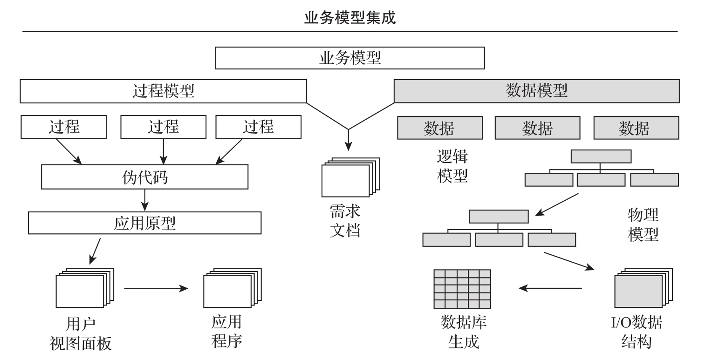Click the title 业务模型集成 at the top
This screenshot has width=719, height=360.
(350, 18)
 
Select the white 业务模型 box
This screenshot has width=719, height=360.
(350, 59)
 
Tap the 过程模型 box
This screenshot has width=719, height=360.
(163, 91)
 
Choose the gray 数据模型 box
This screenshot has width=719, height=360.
(536, 91)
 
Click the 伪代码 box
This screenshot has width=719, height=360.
(144, 177)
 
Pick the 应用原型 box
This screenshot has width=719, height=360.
(144, 224)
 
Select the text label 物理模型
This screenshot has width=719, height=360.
(643, 224)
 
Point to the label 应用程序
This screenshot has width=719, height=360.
(227, 332)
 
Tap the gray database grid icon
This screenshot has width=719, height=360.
(462, 289)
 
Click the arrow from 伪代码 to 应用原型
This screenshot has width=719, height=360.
(144, 200)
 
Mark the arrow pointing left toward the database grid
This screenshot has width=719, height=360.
(550, 288)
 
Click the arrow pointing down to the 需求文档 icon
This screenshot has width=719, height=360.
(348, 140)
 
